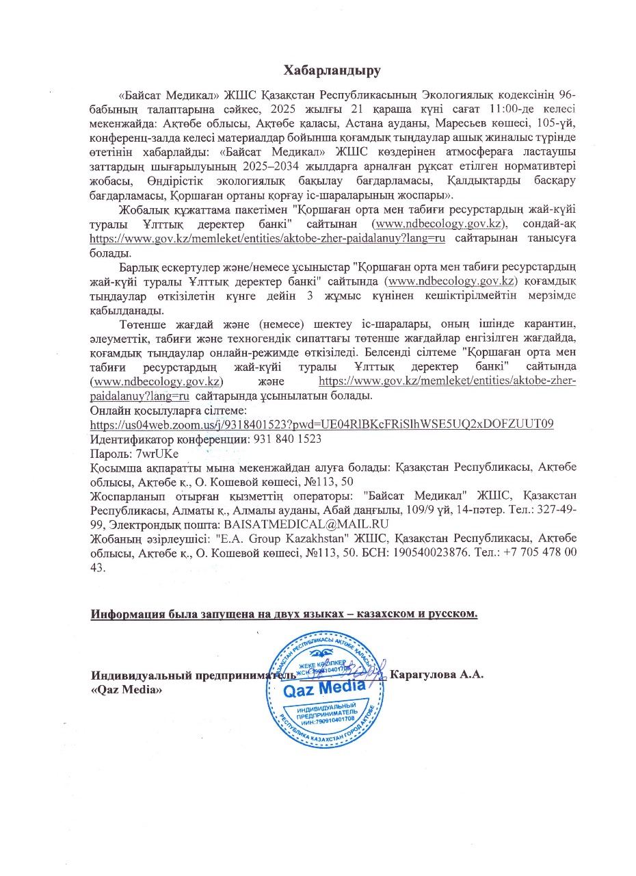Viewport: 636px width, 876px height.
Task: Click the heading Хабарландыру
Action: click(x=332, y=70)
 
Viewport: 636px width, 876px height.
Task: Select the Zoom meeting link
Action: click(x=322, y=424)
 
